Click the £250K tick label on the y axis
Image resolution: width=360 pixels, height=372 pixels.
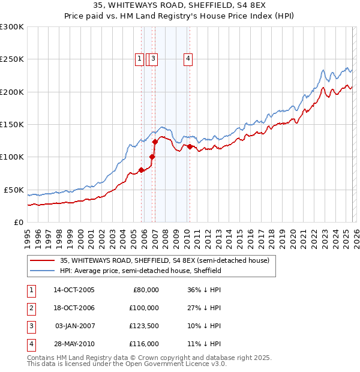point(12,59)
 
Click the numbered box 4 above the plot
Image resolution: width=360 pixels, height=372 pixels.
point(188,59)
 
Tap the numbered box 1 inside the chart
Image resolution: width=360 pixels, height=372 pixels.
point(139,59)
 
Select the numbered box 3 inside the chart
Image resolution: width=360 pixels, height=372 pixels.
point(154,59)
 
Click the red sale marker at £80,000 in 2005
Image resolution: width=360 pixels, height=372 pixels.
point(142,170)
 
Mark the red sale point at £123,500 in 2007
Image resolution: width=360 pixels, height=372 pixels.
point(155,142)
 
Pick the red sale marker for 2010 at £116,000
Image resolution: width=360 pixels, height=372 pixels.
point(190,146)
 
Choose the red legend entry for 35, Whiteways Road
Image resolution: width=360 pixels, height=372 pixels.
point(164,260)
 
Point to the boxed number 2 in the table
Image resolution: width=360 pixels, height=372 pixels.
point(30,308)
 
